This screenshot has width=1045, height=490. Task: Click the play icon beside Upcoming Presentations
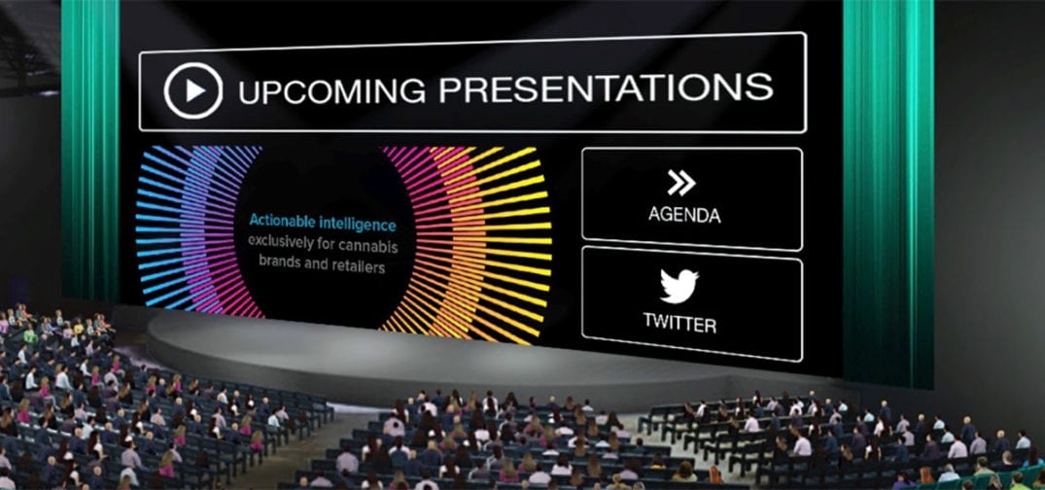pyautogui.click(x=192, y=90)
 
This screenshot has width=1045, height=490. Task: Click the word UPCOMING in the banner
pyautogui.click(x=331, y=90)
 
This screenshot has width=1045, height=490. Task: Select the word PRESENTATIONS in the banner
pyautogui.click(x=606, y=87)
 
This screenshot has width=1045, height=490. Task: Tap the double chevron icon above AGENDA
pyautogui.click(x=681, y=183)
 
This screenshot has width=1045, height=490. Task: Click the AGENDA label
pyautogui.click(x=684, y=215)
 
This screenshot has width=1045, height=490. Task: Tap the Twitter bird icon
pyautogui.click(x=679, y=285)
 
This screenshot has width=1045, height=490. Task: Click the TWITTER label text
pyautogui.click(x=679, y=324)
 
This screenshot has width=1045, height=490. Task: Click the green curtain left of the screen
pyautogui.click(x=90, y=150)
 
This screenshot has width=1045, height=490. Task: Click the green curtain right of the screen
pyautogui.click(x=888, y=193)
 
